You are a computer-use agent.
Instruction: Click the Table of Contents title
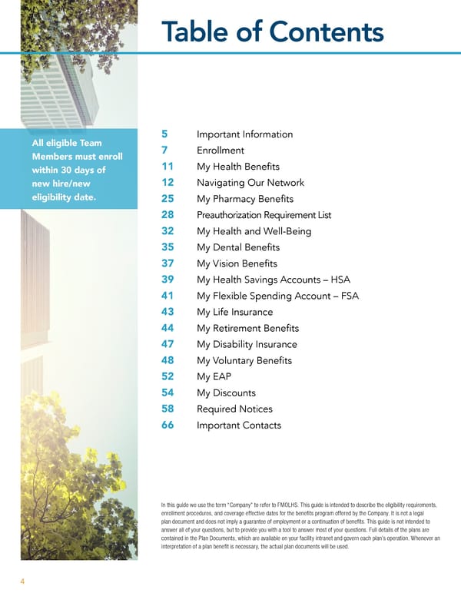[272, 31]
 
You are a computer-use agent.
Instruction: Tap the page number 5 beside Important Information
[165, 134]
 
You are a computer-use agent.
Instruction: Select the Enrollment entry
[221, 151]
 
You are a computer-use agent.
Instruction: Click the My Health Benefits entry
[238, 167]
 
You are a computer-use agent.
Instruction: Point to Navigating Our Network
[250, 183]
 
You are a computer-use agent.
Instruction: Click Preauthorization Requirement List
[264, 215]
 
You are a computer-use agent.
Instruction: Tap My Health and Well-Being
[254, 231]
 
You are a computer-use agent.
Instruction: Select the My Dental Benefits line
[238, 247]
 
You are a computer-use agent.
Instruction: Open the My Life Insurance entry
[234, 312]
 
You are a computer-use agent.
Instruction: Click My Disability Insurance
[247, 344]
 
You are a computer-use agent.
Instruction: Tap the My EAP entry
[214, 376]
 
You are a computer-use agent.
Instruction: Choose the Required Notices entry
[234, 409]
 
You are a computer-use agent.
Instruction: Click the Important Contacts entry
[239, 425]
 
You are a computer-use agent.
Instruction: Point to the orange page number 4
[22, 581]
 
